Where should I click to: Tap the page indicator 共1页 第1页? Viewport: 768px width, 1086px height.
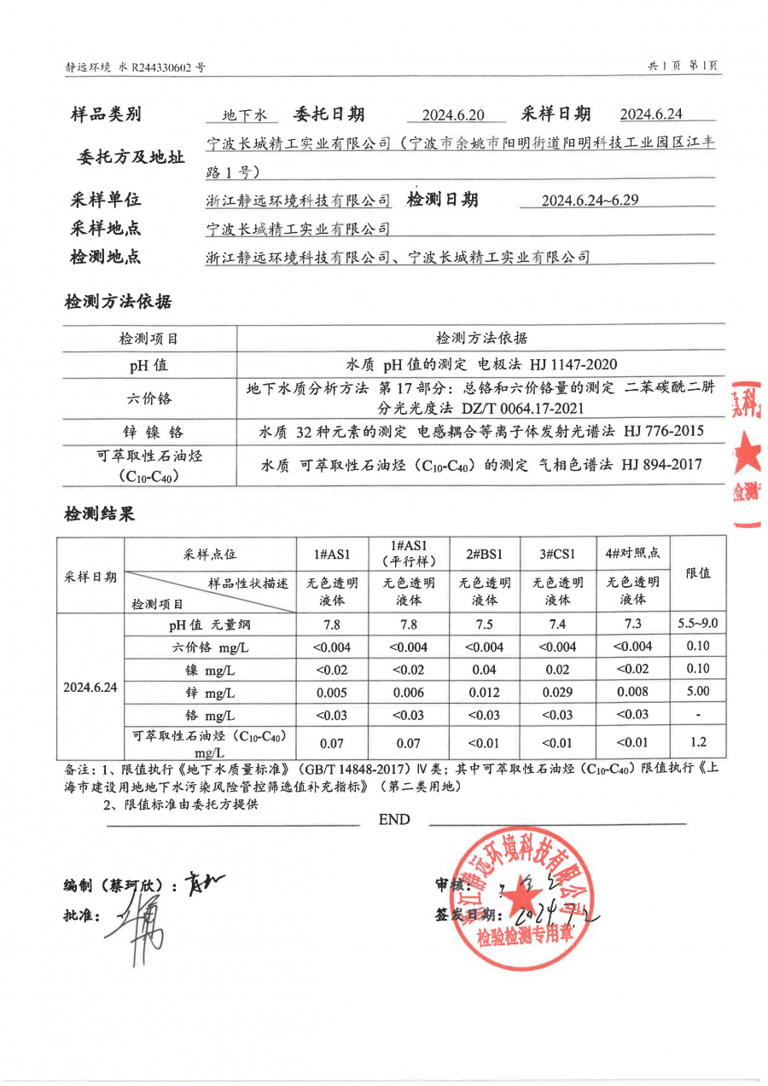pyautogui.click(x=683, y=66)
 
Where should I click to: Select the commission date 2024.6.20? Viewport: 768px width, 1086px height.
pyautogui.click(x=452, y=115)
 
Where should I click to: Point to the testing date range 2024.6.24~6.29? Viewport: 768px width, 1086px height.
pyautogui.click(x=590, y=201)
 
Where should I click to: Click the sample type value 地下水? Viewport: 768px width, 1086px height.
pyautogui.click(x=245, y=115)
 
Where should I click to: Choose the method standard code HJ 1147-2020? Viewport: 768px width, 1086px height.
pyautogui.click(x=577, y=364)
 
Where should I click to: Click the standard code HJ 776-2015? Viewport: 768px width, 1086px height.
pyautogui.click(x=663, y=432)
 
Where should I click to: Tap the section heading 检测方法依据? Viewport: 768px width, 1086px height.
pyautogui.click(x=118, y=302)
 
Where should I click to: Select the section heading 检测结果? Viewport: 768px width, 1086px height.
pyautogui.click(x=100, y=514)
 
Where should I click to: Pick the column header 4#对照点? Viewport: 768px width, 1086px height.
pyautogui.click(x=632, y=553)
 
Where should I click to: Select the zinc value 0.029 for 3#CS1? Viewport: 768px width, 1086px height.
pyautogui.click(x=558, y=692)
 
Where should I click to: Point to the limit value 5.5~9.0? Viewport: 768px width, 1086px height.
pyautogui.click(x=698, y=624)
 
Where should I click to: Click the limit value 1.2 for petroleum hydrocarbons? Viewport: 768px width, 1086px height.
pyautogui.click(x=698, y=742)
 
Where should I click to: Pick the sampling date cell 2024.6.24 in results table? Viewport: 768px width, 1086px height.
pyautogui.click(x=90, y=687)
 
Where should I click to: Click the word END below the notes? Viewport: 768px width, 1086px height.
pyautogui.click(x=394, y=820)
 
